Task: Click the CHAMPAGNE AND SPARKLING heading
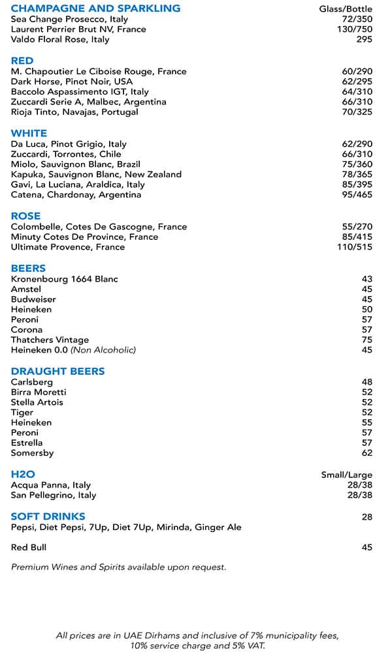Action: point(95,8)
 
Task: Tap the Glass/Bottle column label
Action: point(346,9)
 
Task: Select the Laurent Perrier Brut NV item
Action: point(78,29)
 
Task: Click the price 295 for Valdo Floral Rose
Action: point(365,40)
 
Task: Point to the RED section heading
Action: point(22,61)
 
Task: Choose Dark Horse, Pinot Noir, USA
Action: point(72,81)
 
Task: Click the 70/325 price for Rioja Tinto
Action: point(356,112)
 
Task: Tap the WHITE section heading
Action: point(29,133)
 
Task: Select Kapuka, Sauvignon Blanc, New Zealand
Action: point(96,174)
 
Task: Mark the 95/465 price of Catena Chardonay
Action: point(356,195)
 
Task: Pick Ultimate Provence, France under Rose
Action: point(68,247)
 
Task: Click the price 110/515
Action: point(354,247)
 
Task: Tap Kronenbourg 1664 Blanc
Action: point(65,279)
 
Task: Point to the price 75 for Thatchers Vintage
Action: point(367,340)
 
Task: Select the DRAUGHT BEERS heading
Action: point(58,371)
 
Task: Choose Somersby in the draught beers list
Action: point(33,453)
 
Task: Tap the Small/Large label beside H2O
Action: point(347,475)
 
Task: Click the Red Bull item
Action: point(29,548)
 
